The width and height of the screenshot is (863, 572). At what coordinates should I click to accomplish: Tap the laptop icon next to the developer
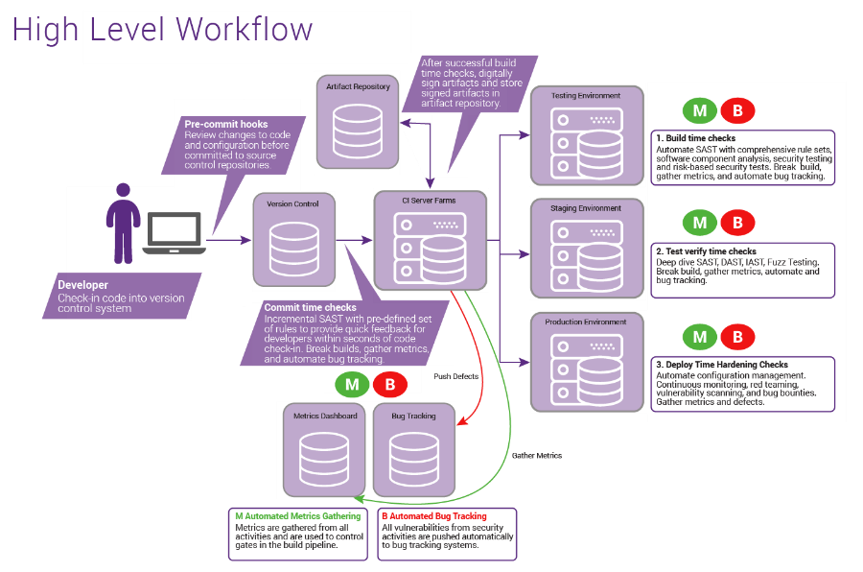(x=174, y=234)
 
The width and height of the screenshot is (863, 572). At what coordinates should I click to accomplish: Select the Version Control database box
(x=294, y=240)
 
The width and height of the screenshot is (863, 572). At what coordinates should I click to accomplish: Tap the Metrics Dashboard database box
(x=325, y=450)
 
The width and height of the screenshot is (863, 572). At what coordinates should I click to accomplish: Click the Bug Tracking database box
(x=413, y=450)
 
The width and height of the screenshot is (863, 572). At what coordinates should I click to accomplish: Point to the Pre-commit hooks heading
(x=226, y=125)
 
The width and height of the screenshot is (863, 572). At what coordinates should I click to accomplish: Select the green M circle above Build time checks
(x=700, y=110)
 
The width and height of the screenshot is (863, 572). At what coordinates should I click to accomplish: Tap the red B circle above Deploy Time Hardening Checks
(x=737, y=337)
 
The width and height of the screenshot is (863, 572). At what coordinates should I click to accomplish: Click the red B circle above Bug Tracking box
(x=389, y=385)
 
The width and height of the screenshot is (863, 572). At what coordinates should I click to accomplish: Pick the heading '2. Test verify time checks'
(x=706, y=251)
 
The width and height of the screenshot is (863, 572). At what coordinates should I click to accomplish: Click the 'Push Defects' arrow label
(x=455, y=376)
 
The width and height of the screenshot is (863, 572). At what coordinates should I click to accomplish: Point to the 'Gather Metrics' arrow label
(x=536, y=456)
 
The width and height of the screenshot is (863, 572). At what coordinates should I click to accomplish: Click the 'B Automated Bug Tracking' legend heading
(x=433, y=516)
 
